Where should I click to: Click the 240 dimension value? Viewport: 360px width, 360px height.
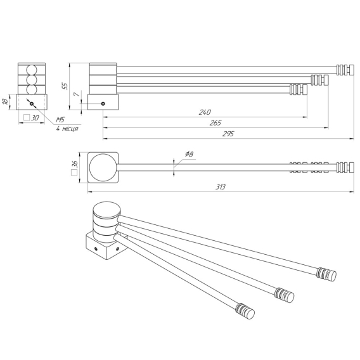pos(205,112)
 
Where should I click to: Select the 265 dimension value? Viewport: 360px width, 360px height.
pos(215,123)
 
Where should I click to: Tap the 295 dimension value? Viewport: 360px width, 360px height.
pos(228,134)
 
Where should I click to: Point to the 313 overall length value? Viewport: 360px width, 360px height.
pos(221,187)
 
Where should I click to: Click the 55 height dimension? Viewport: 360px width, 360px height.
pos(65,86)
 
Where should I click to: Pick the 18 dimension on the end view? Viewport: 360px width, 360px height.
pos(5,101)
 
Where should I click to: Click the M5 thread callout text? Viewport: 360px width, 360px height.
pos(61,120)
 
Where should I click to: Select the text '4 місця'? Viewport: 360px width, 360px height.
pos(67,129)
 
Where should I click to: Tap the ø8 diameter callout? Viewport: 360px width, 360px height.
pos(189,154)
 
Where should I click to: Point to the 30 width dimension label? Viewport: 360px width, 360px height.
pos(32,118)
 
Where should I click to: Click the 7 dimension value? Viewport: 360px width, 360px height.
pos(77,94)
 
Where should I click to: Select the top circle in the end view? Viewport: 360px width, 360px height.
pos(32,70)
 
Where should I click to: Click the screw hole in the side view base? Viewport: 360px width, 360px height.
pos(103,104)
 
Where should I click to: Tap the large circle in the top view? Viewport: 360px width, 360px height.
pos(103,167)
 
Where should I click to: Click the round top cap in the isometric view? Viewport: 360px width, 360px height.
pos(106,210)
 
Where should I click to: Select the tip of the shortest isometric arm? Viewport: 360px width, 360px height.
pos(250,313)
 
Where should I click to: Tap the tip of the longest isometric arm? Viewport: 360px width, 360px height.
pos(332,275)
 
